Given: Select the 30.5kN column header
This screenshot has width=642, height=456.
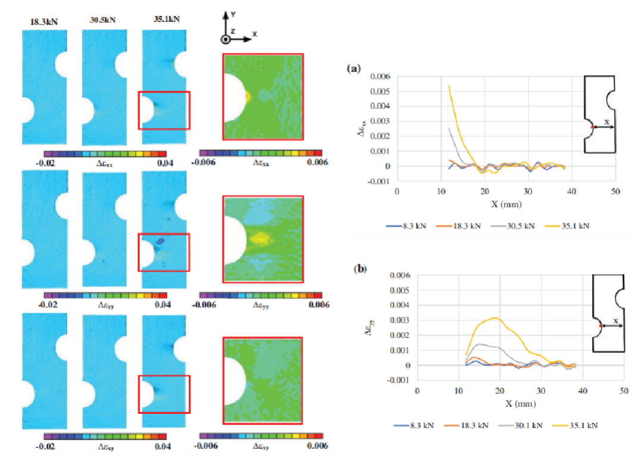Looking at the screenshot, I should click(103, 20).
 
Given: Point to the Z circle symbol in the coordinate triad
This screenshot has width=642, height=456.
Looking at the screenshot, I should click(226, 39).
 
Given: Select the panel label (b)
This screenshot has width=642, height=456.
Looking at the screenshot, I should click(360, 268).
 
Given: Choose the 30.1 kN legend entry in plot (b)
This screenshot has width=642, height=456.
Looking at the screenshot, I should click(528, 425).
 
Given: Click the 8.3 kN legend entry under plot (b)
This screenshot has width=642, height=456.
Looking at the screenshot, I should click(414, 425).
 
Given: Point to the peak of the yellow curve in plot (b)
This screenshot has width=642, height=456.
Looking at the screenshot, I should click(494, 318).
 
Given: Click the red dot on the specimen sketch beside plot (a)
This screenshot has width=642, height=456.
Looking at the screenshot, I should click(591, 127).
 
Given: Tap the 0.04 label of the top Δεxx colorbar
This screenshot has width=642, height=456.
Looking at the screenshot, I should click(166, 162).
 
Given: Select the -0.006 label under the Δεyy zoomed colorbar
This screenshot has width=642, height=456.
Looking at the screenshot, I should click(206, 304).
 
